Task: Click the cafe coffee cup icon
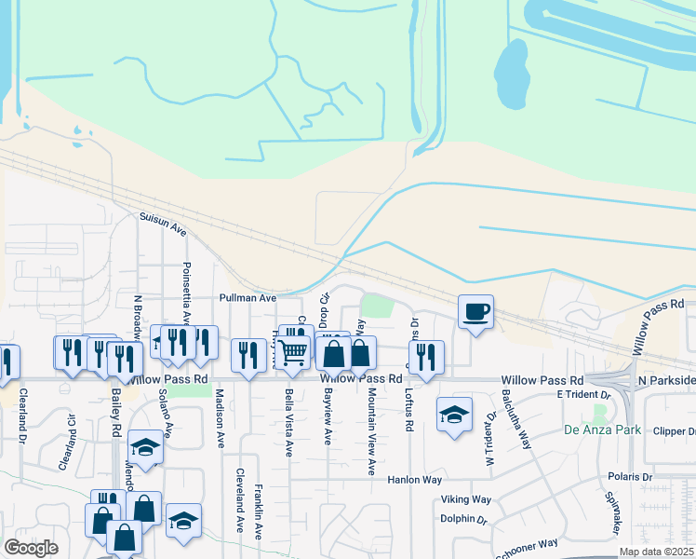[x=475, y=311]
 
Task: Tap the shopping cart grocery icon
[x=293, y=351]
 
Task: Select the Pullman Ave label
[x=248, y=298]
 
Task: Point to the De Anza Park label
[x=602, y=430]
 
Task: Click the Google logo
[x=31, y=548]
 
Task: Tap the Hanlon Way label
[x=414, y=480]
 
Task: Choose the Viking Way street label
[x=467, y=499]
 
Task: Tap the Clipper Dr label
[x=675, y=431]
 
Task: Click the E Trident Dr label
[x=583, y=394]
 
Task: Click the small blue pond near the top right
[x=510, y=61]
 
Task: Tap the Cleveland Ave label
[x=240, y=499]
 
